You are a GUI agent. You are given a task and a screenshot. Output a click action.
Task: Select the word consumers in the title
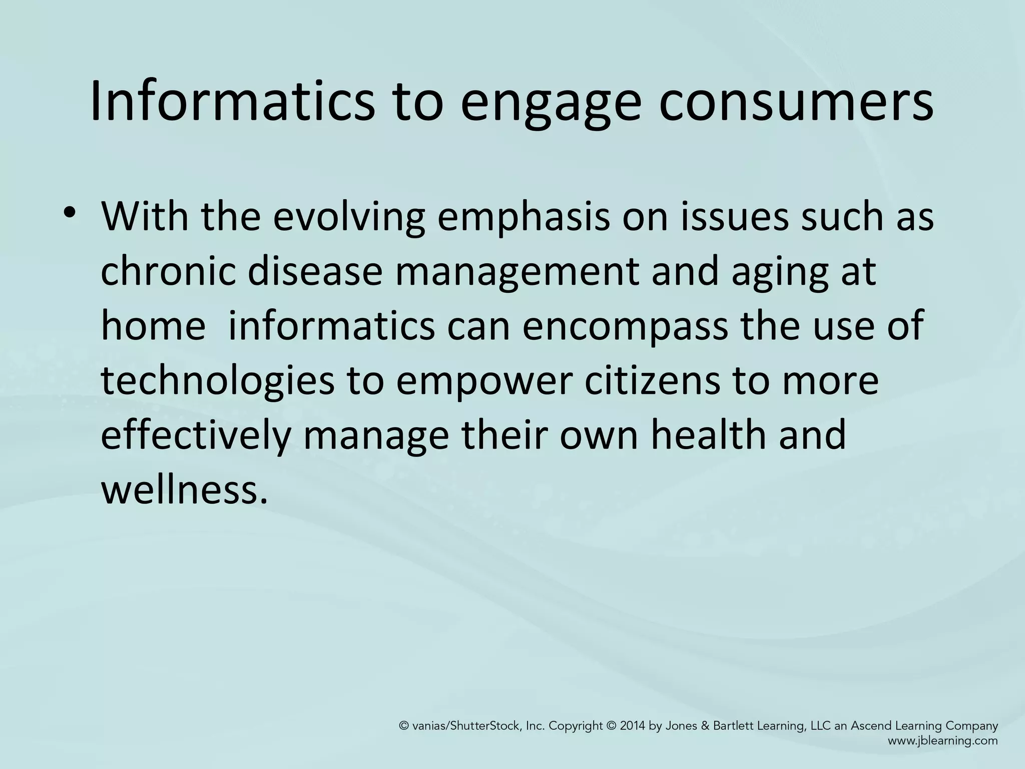tap(795, 102)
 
